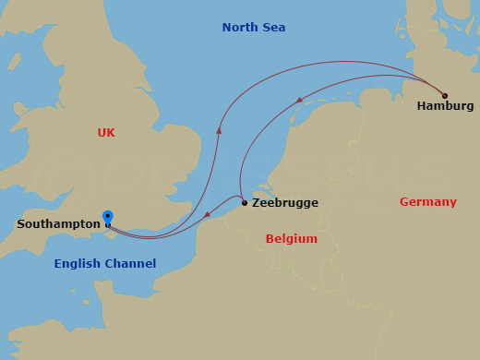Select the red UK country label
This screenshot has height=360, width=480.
(x=106, y=133)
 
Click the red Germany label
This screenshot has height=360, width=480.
(x=427, y=202)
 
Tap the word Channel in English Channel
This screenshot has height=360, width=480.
(x=130, y=264)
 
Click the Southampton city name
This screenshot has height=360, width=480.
(x=58, y=224)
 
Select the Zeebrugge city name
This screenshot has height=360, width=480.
(x=284, y=203)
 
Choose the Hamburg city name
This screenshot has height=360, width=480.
(x=445, y=106)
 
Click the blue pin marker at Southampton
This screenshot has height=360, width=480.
(x=108, y=218)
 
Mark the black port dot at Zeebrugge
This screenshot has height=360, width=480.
(x=244, y=202)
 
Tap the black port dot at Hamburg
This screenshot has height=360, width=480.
(x=445, y=95)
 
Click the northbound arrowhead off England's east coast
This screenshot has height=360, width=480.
(x=219, y=131)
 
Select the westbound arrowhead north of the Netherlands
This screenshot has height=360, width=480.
(x=299, y=100)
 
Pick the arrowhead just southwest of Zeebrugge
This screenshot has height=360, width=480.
(x=206, y=217)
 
